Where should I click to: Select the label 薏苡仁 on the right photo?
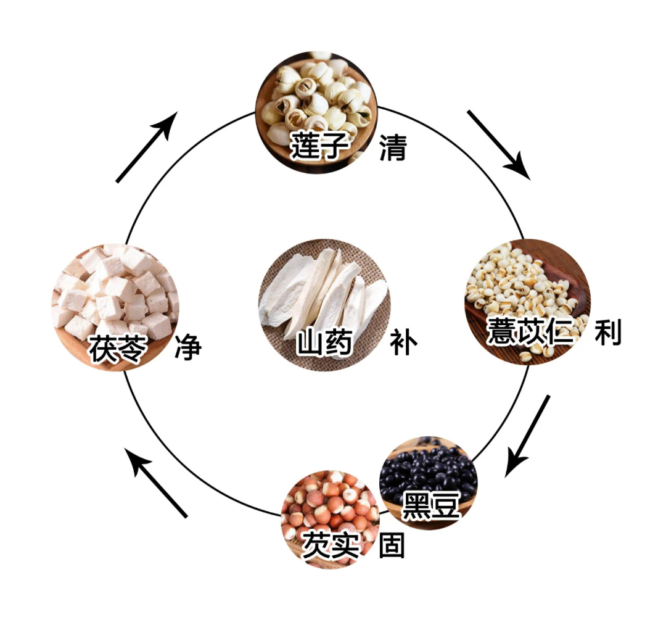tap(529, 332)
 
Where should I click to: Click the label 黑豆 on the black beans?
tap(431, 505)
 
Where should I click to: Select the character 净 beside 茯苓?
tap(187, 348)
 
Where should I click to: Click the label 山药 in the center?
tap(324, 342)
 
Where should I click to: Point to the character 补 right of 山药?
tap(404, 342)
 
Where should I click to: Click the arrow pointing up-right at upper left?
tap(147, 147)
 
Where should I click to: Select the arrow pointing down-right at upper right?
tap(498, 144)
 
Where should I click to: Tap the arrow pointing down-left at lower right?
tap(528, 435)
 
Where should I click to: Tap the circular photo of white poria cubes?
tap(115, 296)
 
